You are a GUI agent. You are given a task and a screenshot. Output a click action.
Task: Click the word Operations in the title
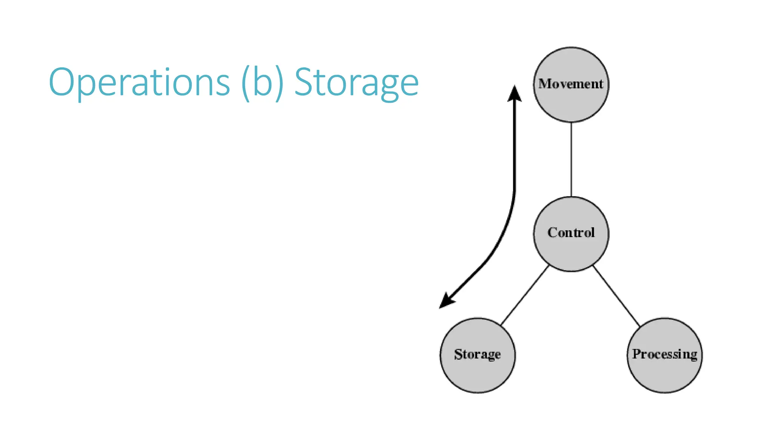click(139, 82)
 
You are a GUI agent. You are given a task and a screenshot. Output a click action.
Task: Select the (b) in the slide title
click(262, 82)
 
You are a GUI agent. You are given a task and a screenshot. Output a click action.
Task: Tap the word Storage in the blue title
click(356, 82)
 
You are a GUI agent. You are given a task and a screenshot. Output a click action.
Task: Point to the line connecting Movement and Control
click(571, 159)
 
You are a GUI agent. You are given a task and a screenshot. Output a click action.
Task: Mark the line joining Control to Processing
click(616, 296)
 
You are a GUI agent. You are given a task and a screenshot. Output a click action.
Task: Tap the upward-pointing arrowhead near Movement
click(514, 94)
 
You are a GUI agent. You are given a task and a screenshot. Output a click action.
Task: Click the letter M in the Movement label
click(544, 83)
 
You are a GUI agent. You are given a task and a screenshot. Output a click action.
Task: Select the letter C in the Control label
click(553, 232)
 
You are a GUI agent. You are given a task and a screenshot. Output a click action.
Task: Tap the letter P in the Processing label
click(637, 354)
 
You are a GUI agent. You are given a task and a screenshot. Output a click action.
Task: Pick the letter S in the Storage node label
click(458, 354)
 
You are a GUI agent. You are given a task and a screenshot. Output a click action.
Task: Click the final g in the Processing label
click(693, 355)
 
